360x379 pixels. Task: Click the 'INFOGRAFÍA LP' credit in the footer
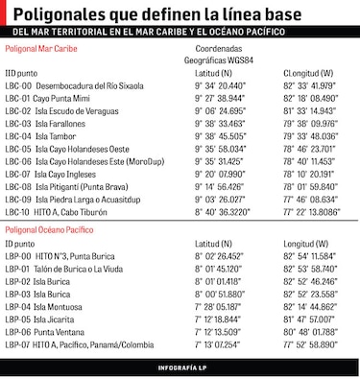pyautogui.click(x=180, y=368)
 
